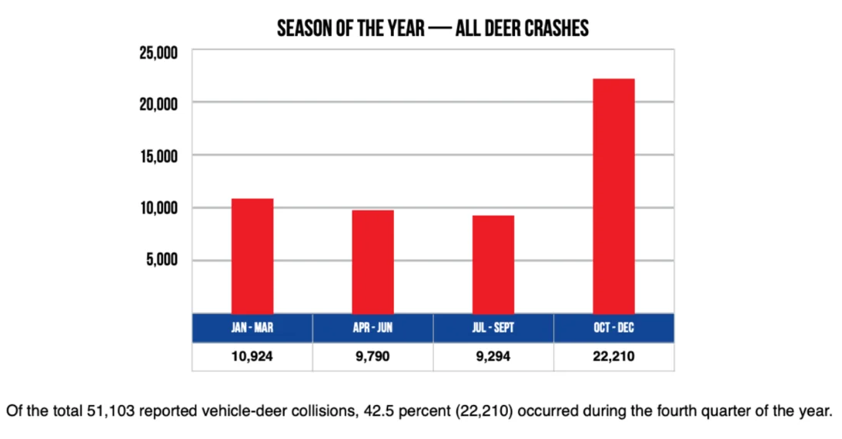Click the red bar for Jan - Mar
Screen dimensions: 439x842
pyautogui.click(x=252, y=256)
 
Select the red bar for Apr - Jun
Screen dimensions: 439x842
pyautogui.click(x=373, y=261)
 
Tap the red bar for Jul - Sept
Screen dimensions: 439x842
pyautogui.click(x=493, y=264)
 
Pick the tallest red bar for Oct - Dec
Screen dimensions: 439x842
pyautogui.click(x=613, y=196)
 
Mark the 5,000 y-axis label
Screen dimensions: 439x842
pyautogui.click(x=161, y=260)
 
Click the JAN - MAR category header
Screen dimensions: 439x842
pyautogui.click(x=252, y=328)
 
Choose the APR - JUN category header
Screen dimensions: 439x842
pyautogui.click(x=373, y=328)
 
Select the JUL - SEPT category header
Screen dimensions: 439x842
pyautogui.click(x=493, y=328)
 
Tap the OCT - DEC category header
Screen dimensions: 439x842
pyautogui.click(x=613, y=328)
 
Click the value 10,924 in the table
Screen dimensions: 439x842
pyautogui.click(x=252, y=357)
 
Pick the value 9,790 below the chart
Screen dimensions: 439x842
pyautogui.click(x=373, y=357)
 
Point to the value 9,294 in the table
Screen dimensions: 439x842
pyautogui.click(x=493, y=357)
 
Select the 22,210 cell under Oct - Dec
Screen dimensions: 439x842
pyautogui.click(x=613, y=357)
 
